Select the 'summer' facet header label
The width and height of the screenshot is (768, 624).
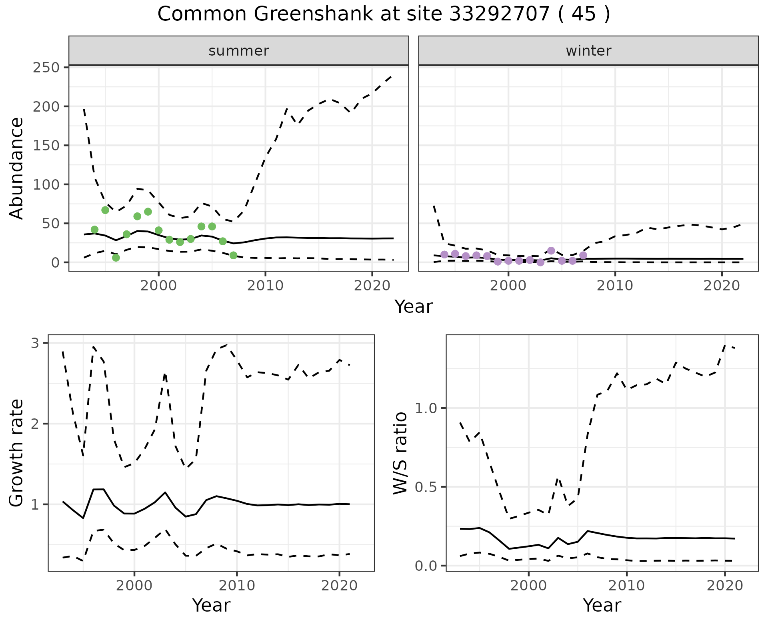(x=239, y=51)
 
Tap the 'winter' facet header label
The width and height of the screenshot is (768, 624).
(x=588, y=51)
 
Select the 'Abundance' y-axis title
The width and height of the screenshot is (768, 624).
(x=17, y=168)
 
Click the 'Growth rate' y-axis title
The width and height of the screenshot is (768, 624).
(x=17, y=453)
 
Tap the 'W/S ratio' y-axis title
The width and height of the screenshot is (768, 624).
(x=400, y=453)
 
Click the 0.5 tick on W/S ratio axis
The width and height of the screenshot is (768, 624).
(x=427, y=487)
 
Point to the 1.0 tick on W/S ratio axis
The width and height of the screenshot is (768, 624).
(x=427, y=408)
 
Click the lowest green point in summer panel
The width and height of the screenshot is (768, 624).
(x=116, y=258)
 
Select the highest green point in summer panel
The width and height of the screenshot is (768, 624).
(x=105, y=210)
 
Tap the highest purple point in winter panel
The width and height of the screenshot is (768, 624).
(x=551, y=251)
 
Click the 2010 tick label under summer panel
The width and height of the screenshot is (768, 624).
(x=265, y=286)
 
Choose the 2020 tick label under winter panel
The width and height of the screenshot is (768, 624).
(x=722, y=286)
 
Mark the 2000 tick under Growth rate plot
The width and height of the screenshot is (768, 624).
(x=134, y=586)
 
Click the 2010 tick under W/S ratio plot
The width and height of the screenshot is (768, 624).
(x=627, y=586)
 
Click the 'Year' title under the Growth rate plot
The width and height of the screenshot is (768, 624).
(x=211, y=605)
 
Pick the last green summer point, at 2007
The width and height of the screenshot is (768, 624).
(x=234, y=255)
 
